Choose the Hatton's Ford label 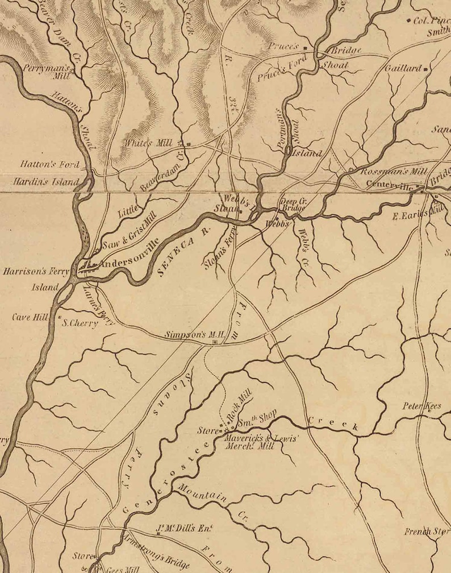49,164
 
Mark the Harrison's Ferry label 36,272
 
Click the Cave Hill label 30,317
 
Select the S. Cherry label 80,323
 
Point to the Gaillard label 403,68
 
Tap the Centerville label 390,184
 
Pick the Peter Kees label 422,406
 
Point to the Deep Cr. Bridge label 294,204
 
